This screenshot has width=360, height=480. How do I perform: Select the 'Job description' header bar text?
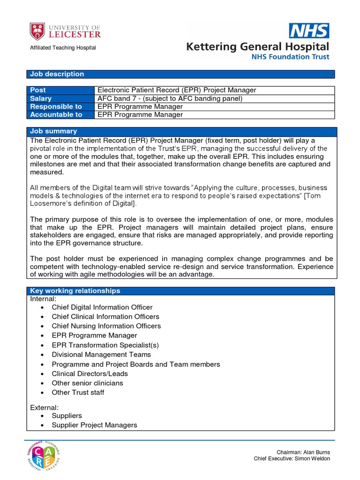coord(57,74)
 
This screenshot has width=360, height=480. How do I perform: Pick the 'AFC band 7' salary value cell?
coord(170,98)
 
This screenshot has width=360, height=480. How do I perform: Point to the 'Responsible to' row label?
coord(56,106)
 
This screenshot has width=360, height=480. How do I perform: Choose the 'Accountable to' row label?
coord(56,114)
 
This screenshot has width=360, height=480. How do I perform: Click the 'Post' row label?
coord(38,90)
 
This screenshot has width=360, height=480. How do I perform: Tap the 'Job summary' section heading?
coord(53,131)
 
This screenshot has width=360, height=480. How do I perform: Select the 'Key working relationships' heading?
coord(75,291)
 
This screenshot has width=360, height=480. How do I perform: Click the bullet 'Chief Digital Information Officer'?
coord(102,307)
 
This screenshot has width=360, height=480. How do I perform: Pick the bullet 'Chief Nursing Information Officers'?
coord(106,326)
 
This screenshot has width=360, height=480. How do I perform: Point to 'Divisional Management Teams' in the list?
coord(101,354)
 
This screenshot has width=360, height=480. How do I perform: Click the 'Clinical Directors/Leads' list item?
coord(90,374)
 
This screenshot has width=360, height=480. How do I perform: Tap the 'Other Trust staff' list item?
coord(78,392)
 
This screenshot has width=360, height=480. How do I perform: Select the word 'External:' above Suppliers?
coord(45,407)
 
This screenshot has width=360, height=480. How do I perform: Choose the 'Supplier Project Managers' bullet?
coord(94,425)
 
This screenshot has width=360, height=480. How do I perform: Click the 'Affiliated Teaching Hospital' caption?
coord(63,48)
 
